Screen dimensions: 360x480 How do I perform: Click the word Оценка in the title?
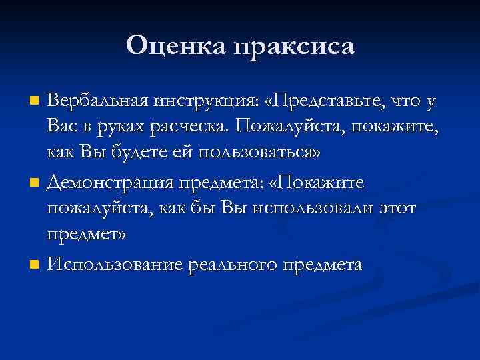pos(175,45)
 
